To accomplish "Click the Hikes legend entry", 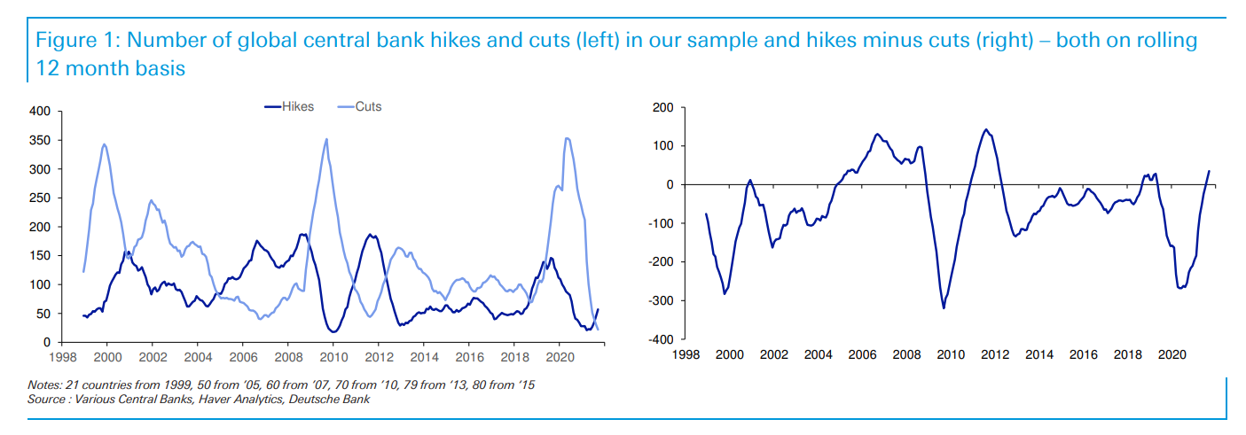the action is [x=289, y=106].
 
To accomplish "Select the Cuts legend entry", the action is [x=360, y=106].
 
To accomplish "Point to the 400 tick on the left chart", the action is [x=40, y=111].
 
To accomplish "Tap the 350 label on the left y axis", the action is [x=40, y=140].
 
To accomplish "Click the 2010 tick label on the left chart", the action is [x=333, y=357].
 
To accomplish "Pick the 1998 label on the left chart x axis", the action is [x=62, y=357].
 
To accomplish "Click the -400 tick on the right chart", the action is [x=661, y=339].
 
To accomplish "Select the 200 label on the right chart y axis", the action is [x=663, y=107].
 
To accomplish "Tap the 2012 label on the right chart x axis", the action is [x=995, y=354].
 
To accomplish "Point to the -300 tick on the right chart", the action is [x=661, y=300].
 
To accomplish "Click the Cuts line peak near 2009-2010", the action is [x=326, y=139].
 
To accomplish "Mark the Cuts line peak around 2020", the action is [x=567, y=138].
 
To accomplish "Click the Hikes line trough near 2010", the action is [x=333, y=331].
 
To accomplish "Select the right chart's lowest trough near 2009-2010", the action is [x=944, y=308].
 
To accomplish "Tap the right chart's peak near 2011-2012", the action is [x=986, y=129].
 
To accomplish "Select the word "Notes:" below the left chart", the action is [x=44, y=385].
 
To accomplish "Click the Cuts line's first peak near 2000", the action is [x=105, y=144].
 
